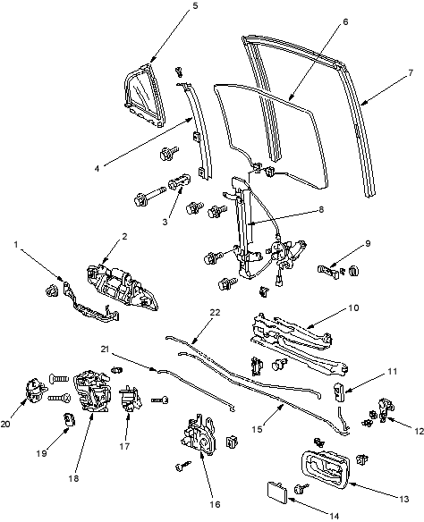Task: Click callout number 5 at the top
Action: click(x=195, y=6)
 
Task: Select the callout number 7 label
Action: click(x=411, y=72)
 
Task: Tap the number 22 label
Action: click(x=216, y=312)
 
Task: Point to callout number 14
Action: click(x=334, y=516)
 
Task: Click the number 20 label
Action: click(x=6, y=424)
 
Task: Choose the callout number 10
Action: click(x=354, y=308)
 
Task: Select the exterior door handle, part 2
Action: click(x=122, y=287)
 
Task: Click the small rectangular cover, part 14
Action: click(x=277, y=491)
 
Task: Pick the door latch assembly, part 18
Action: click(x=91, y=391)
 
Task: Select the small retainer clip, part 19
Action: click(x=69, y=419)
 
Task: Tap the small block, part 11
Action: click(x=339, y=391)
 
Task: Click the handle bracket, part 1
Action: click(x=90, y=303)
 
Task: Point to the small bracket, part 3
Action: click(x=180, y=181)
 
